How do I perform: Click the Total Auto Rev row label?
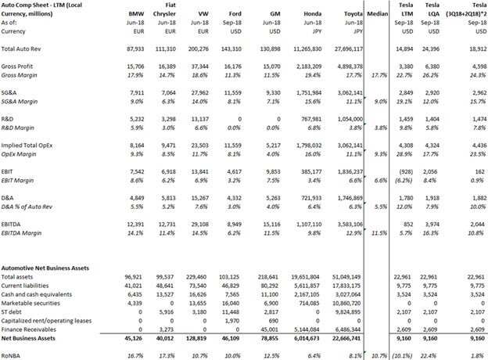click(x=24, y=49)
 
